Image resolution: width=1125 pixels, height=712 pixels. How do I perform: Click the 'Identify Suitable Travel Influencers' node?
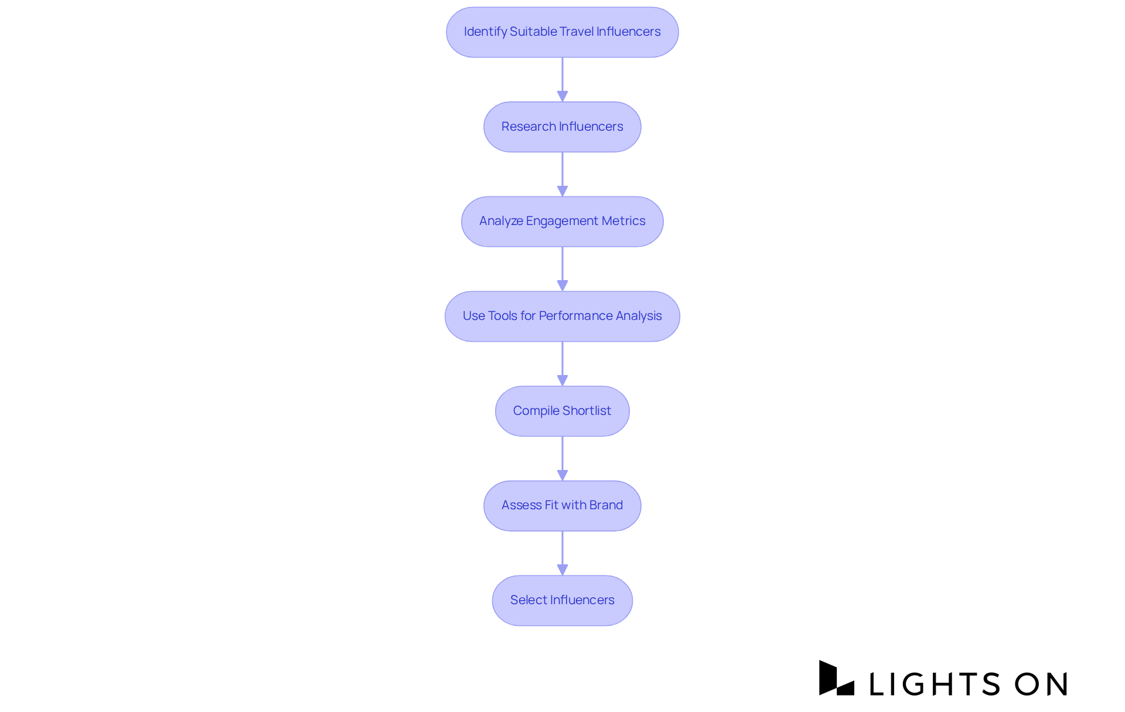562,32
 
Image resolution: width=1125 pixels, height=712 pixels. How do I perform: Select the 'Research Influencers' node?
562,127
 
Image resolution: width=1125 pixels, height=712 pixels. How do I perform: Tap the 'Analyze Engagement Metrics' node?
562,222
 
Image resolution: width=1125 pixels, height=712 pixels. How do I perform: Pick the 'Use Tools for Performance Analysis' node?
562,316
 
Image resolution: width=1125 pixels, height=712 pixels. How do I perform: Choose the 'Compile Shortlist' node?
562,411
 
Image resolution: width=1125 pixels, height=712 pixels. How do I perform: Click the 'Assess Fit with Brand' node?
562,506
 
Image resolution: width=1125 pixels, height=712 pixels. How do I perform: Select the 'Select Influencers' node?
562,600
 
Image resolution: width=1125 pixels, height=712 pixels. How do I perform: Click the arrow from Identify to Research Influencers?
562,79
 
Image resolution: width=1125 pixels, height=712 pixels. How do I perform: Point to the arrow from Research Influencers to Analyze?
562,174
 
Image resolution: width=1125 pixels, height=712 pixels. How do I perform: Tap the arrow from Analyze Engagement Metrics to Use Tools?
562,269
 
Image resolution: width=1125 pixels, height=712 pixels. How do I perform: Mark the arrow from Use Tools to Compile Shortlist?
562,363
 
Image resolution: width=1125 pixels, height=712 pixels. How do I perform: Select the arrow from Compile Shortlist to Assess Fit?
562,458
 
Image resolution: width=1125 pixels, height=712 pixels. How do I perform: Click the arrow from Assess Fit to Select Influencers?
562,553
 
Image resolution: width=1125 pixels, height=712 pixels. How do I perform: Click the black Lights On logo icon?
836,678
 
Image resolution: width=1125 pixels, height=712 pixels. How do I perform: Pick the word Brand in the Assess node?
606,505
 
